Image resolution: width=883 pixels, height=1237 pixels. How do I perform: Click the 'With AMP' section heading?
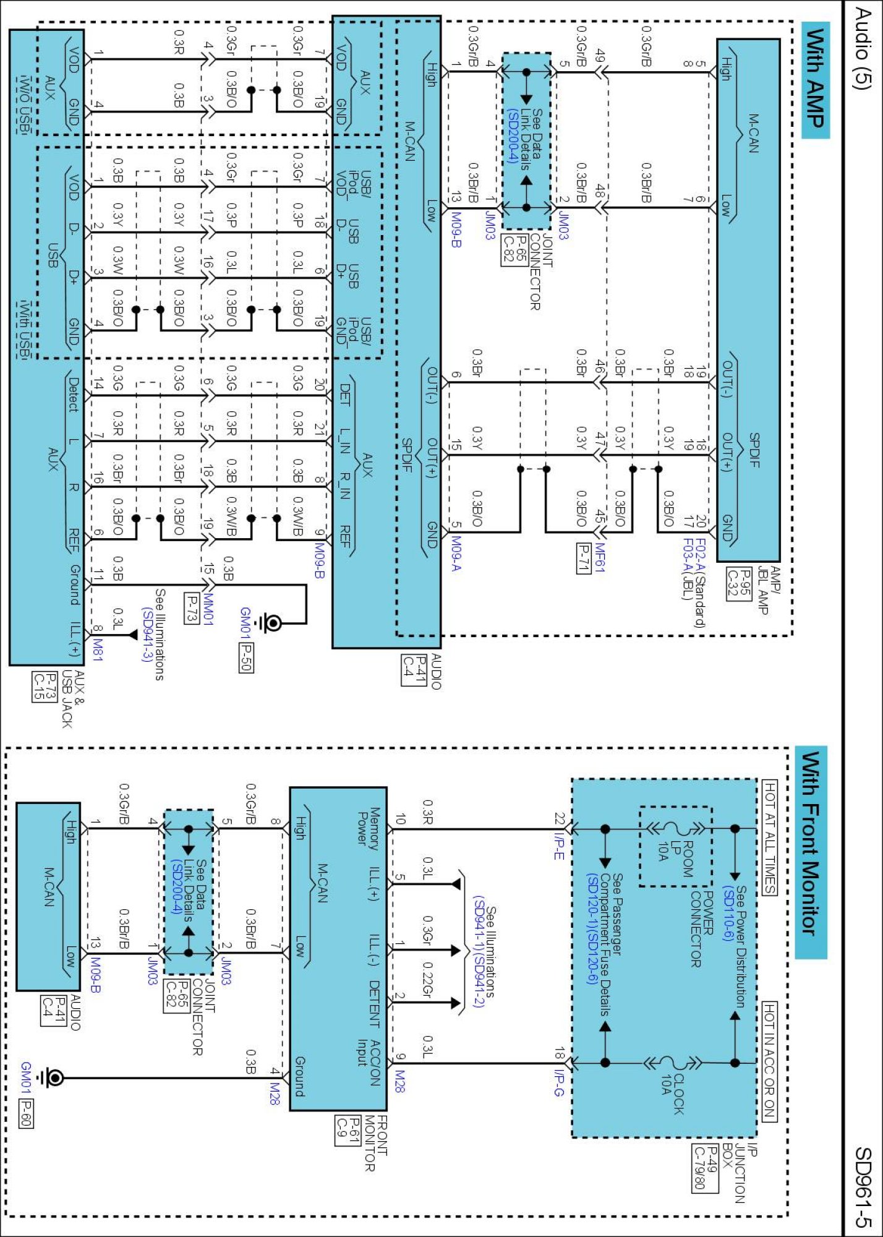click(x=815, y=79)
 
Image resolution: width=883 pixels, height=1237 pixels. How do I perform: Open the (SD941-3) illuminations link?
click(x=147, y=635)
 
